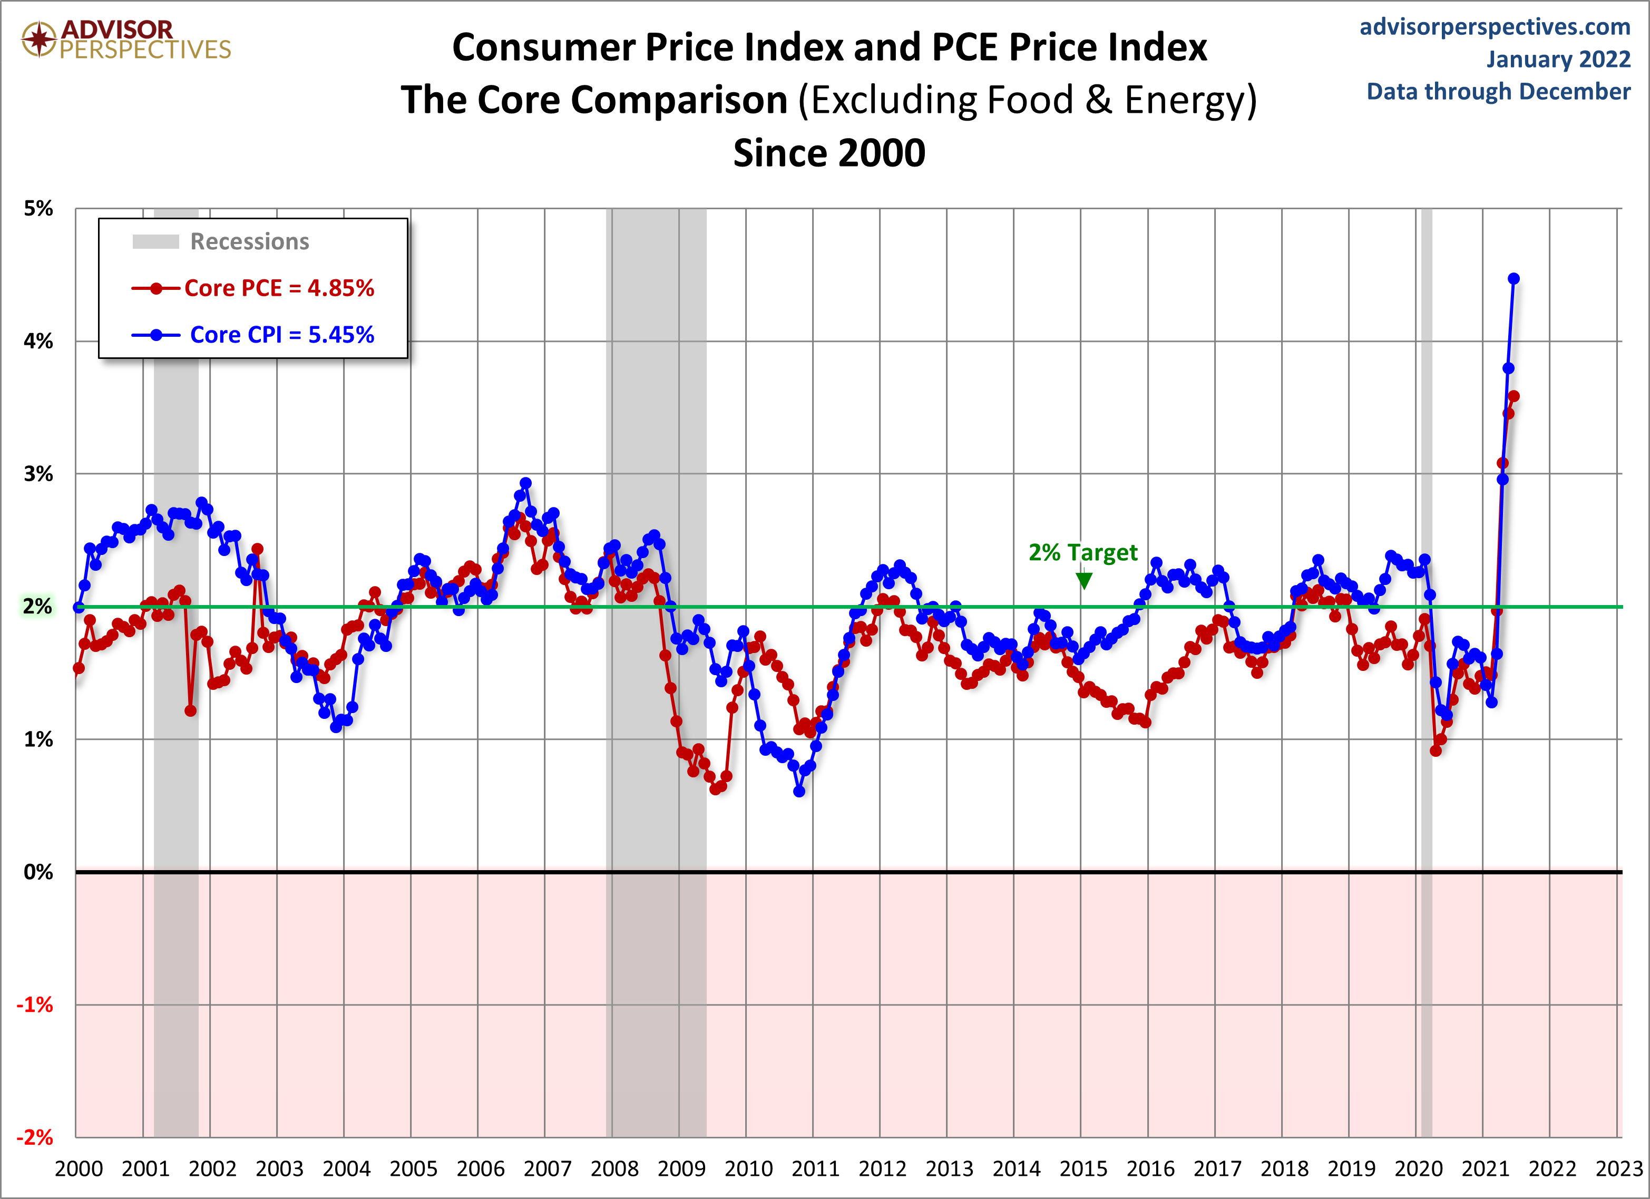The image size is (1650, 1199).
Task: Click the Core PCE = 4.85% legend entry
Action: coord(279,288)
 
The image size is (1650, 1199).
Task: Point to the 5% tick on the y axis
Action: coord(38,209)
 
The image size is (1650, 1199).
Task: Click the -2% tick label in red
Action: coord(35,1137)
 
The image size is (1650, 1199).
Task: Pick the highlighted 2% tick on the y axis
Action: coord(37,606)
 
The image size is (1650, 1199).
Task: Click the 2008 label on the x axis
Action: coord(614,1169)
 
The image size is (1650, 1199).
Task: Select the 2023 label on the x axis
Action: coord(1619,1169)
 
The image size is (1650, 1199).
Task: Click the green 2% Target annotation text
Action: coord(1082,553)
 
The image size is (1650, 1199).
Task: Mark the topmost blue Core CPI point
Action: coord(1514,279)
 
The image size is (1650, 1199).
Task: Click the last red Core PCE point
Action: coord(1514,396)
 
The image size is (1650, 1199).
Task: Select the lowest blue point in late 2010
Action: coord(799,792)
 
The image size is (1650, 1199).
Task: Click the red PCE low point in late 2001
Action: coord(191,711)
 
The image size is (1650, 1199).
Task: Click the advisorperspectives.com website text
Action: coord(1495,27)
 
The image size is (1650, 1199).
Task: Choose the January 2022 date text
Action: coord(1558,59)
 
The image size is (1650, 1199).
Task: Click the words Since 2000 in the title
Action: coord(828,153)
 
